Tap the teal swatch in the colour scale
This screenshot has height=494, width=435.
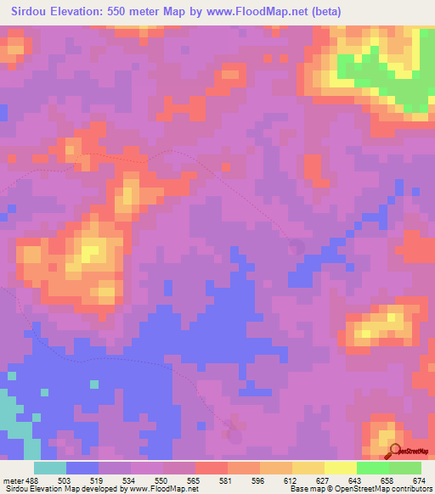[x=50, y=468]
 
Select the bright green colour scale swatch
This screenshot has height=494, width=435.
[x=373, y=468]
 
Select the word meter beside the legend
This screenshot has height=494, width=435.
[x=13, y=480]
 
